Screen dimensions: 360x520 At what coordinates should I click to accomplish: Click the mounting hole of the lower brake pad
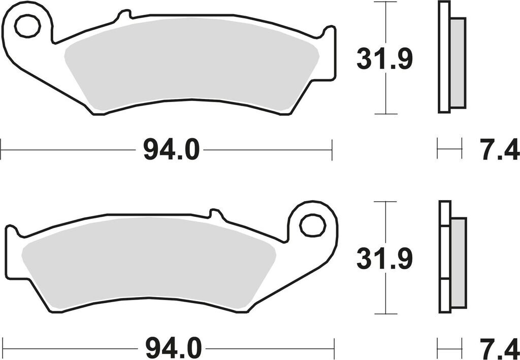tap(312, 225)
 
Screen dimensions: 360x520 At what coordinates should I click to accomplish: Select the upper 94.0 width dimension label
tap(172, 150)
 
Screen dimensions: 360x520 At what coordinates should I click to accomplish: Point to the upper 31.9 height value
tap(384, 59)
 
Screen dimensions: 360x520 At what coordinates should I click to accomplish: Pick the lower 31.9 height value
tap(384, 259)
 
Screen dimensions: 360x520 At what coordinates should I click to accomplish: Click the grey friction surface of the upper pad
tap(193, 63)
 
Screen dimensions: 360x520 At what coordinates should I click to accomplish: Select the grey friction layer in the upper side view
tap(458, 63)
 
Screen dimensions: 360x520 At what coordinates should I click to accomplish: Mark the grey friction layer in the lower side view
tap(458, 263)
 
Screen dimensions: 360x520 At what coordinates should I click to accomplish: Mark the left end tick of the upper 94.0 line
tap(1, 150)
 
